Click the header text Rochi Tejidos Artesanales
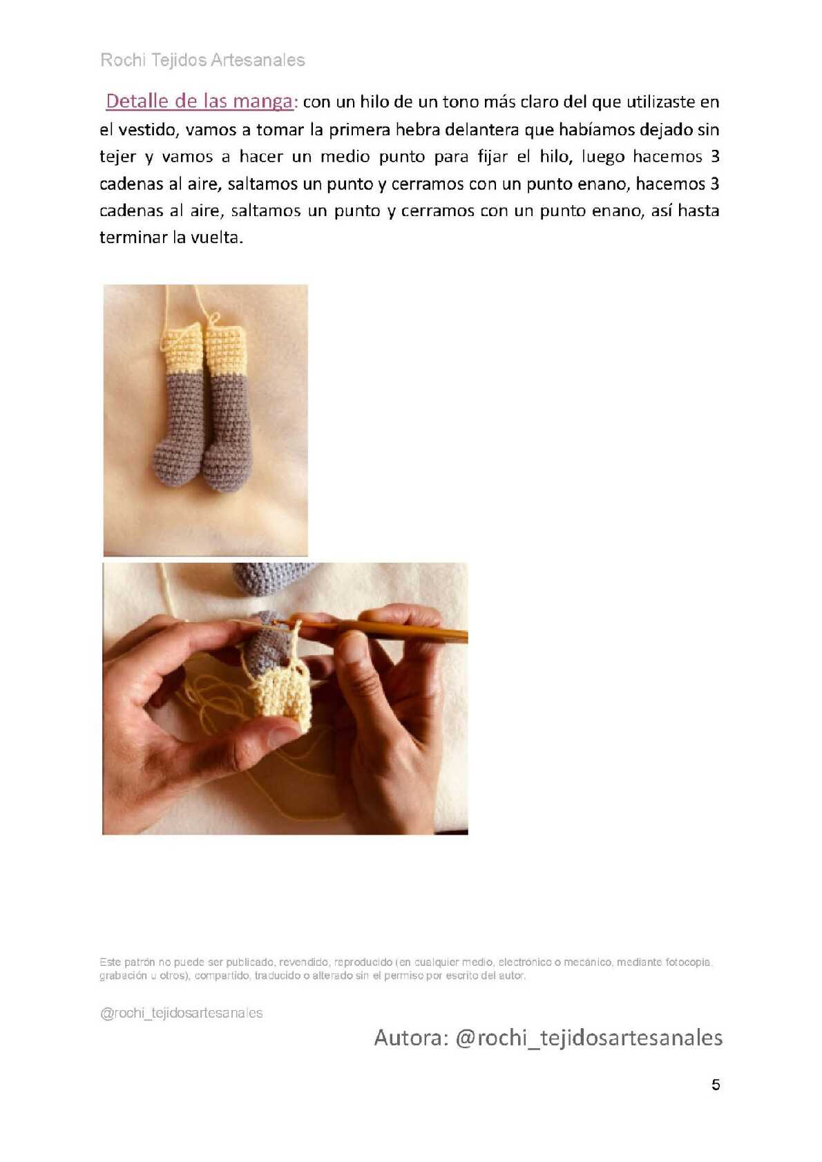pos(202,60)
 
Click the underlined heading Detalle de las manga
pos(199,101)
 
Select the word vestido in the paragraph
pos(147,129)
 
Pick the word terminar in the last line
pos(133,238)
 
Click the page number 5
pos(716,1085)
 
